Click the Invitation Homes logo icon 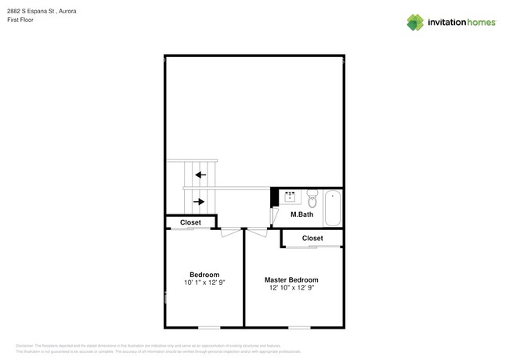tap(415, 22)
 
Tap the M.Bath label tap(301, 214)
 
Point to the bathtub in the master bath tap(333, 208)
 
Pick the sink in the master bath tap(290, 197)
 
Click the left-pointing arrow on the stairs tap(200, 175)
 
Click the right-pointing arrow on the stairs tap(200, 202)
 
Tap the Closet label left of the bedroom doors tap(190, 223)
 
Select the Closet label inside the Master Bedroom tap(312, 238)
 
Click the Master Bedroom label tap(291, 279)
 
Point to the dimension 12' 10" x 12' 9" tap(291, 288)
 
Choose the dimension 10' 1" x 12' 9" tap(204, 283)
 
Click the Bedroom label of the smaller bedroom tap(204, 275)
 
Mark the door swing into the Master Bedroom tap(257, 232)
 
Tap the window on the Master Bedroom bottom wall tap(299, 327)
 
